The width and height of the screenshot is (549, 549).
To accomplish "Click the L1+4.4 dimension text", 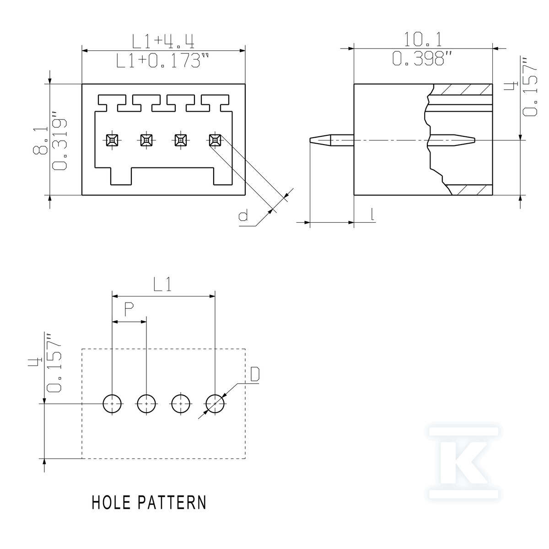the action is [x=163, y=42].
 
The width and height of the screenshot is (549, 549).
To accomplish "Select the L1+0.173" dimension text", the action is [x=163, y=60].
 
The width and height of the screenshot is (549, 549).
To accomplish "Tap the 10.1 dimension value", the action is [x=423, y=39].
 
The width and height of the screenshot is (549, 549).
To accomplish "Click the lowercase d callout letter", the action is [x=243, y=216].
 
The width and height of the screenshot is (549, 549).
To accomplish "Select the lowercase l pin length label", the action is [x=372, y=215].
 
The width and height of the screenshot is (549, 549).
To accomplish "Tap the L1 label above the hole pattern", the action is [x=162, y=284].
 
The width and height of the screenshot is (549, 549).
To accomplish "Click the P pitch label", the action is [x=129, y=310].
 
